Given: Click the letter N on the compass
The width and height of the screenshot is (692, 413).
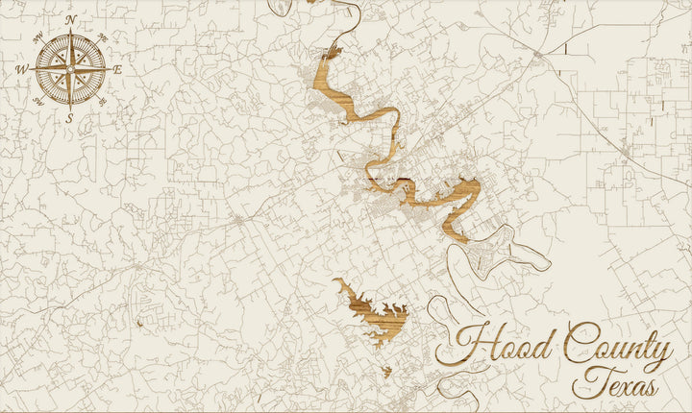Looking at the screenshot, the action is [71, 18].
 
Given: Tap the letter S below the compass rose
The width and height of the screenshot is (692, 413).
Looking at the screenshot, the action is [69, 118].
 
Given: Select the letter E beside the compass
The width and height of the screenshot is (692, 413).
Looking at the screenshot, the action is [118, 69].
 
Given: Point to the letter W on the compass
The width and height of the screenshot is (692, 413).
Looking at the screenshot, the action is [21, 69].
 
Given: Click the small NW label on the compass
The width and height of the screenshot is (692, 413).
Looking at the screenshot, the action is [37, 37].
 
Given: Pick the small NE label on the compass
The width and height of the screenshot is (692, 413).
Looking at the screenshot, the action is [102, 37].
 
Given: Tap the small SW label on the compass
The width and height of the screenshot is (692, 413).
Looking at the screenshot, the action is [37, 101].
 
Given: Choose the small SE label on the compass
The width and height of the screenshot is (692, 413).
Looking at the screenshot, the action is [102, 101].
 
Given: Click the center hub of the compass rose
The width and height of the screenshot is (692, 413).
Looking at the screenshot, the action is [70, 68].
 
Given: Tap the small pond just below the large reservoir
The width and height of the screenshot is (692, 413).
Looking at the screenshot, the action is [386, 371].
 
